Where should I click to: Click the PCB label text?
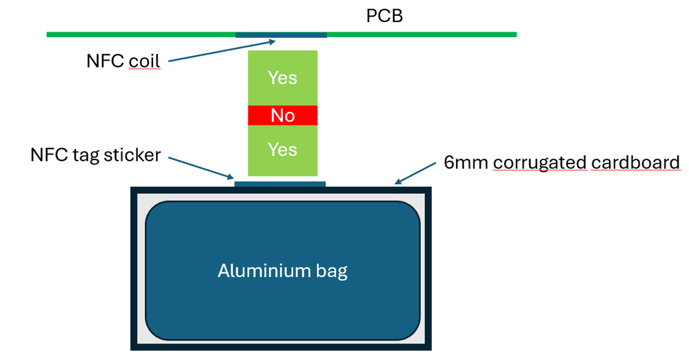[x=384, y=15]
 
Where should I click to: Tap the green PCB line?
[x=138, y=34]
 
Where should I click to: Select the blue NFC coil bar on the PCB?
[x=281, y=34]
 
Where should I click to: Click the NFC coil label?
[x=123, y=61]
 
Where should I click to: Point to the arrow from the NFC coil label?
[x=221, y=50]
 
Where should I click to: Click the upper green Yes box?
[x=282, y=78]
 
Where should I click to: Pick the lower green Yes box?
[x=282, y=150]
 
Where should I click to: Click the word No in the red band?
[x=283, y=115]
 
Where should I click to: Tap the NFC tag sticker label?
[x=95, y=154]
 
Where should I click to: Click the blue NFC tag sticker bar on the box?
[x=280, y=184]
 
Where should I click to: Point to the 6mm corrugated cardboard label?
[x=561, y=163]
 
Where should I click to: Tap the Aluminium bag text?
[x=283, y=271]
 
